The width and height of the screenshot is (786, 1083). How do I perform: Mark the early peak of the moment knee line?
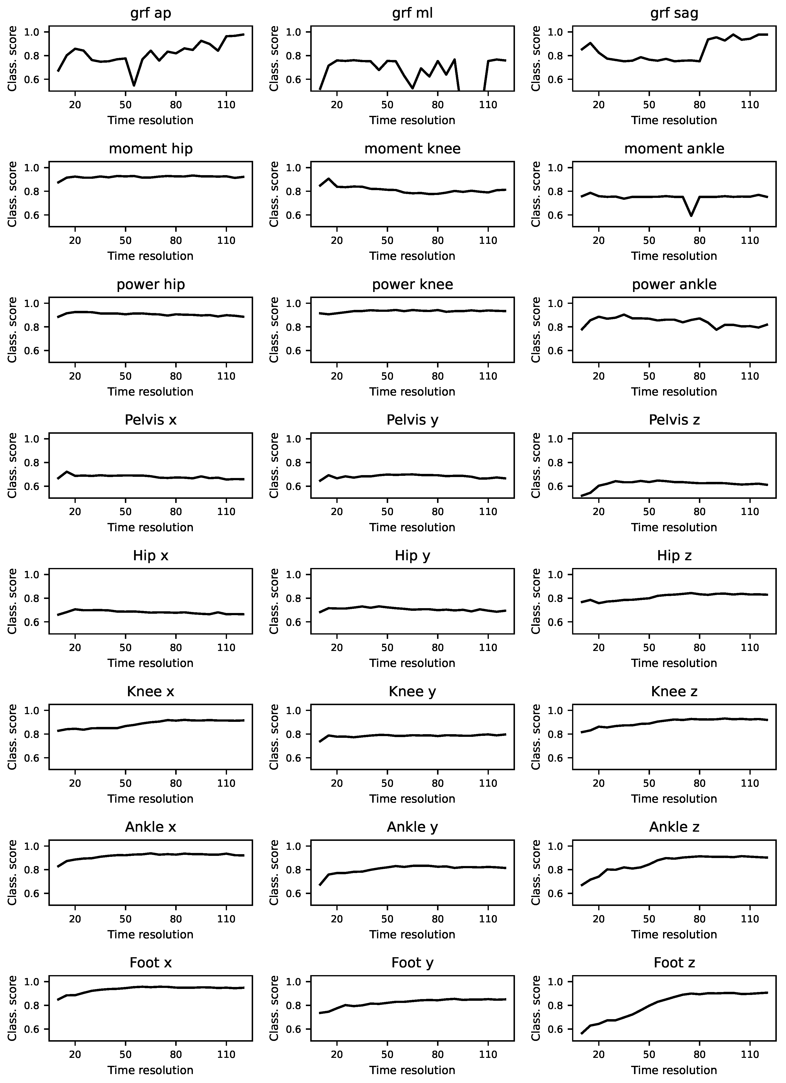tap(329, 179)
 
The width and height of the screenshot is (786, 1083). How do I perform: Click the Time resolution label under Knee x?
tap(151, 799)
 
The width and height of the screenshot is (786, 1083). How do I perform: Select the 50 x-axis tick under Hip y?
tap(387, 648)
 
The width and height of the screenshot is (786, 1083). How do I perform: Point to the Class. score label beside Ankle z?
tap(536, 872)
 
